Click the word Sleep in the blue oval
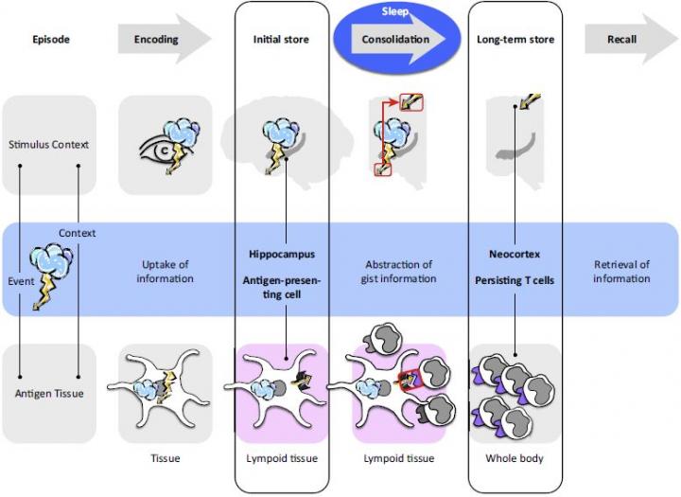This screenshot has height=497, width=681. click(x=395, y=11)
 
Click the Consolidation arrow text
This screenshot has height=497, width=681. click(x=394, y=40)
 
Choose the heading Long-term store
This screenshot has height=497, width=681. click(x=515, y=40)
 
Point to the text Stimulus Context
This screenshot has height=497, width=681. click(x=49, y=145)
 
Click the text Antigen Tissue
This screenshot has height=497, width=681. click(x=49, y=394)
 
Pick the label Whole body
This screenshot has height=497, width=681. click(x=515, y=459)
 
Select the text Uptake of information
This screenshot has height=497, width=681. click(x=165, y=272)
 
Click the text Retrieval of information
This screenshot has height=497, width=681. click(x=621, y=272)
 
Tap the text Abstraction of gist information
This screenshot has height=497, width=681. click(x=398, y=272)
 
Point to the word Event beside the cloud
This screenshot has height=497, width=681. click(x=22, y=281)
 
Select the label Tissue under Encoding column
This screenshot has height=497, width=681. click(x=165, y=459)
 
